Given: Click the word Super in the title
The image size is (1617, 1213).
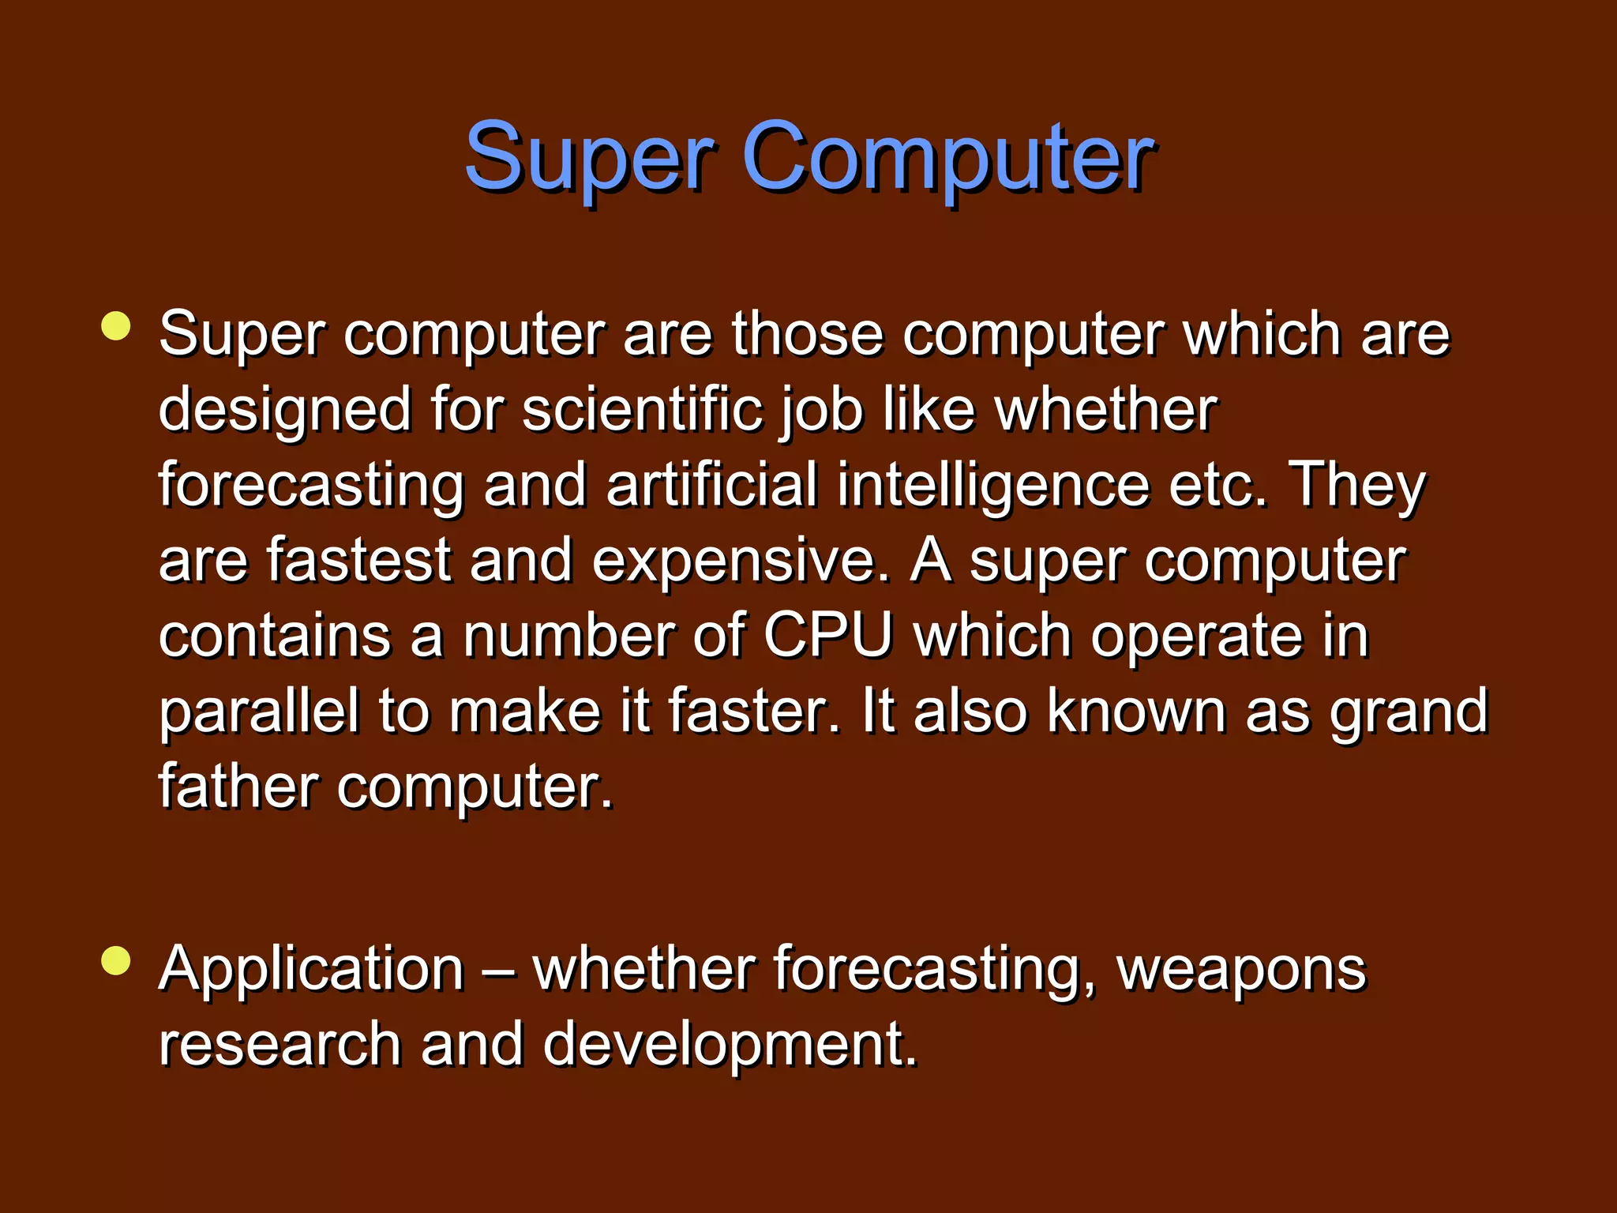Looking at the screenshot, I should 588,158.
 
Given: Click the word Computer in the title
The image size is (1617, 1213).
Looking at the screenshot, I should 947,158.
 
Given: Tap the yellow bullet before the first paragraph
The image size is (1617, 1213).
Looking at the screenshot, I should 116,326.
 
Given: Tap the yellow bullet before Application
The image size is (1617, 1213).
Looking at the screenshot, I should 116,961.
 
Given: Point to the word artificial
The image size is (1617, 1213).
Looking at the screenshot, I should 712,485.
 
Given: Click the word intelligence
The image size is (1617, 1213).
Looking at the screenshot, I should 993,485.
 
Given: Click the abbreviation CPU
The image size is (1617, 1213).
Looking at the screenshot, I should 827,636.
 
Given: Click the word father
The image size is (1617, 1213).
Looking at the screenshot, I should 238,787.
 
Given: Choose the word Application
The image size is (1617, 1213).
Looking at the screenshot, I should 311,968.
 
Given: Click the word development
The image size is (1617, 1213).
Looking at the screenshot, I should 730,1044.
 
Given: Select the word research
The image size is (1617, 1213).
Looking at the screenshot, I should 280,1044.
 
